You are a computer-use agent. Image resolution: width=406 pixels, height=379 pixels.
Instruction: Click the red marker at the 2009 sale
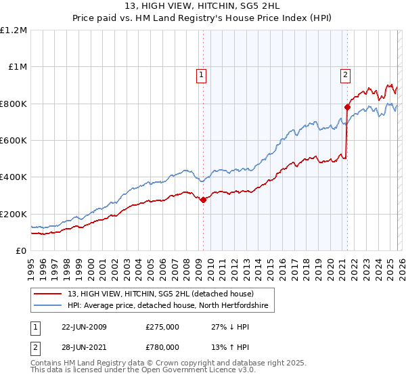click(x=203, y=200)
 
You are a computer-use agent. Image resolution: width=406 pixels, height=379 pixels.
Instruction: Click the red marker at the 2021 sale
click(x=346, y=107)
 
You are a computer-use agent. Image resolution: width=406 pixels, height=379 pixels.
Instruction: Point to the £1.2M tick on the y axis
click(x=14, y=30)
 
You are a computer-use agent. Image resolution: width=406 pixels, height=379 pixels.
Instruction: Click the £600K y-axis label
click(x=14, y=141)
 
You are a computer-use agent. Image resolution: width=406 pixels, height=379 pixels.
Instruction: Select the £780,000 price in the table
click(x=162, y=349)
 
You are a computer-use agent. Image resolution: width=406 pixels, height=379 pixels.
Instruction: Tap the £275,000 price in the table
click(x=162, y=327)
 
